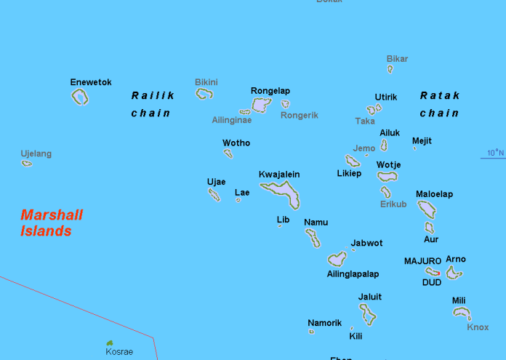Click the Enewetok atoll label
[x=91, y=82]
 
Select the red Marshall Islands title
[x=51, y=223]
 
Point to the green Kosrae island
[x=110, y=343]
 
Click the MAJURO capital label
[x=422, y=260]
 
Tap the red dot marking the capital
[x=438, y=273]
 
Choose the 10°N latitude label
[x=495, y=153]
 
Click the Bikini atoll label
[x=206, y=82]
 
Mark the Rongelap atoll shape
[x=262, y=105]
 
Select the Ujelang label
[x=36, y=153]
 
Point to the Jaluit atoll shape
[x=369, y=314]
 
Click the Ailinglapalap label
[x=353, y=274]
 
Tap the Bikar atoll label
[x=397, y=59]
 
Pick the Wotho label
[x=236, y=143]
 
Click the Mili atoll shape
[x=461, y=313]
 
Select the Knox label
[x=478, y=327]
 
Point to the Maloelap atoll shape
[x=427, y=209]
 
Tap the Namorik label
[x=324, y=322]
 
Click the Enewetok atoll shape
[x=80, y=97]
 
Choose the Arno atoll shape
[x=454, y=273]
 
